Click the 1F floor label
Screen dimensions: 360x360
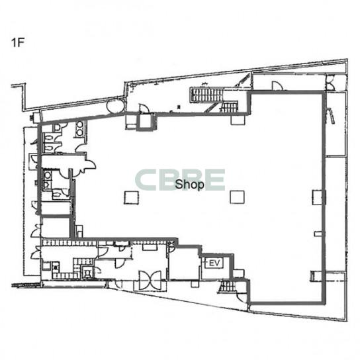(x=18, y=42)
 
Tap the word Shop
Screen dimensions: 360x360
(x=189, y=185)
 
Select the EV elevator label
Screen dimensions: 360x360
(x=214, y=263)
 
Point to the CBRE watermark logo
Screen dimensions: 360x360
(x=180, y=180)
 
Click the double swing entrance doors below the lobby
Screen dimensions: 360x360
(x=150, y=281)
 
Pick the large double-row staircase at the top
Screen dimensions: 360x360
(x=206, y=95)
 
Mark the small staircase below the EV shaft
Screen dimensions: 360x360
(x=228, y=286)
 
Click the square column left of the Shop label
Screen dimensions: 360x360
(x=132, y=198)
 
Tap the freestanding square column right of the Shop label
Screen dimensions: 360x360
(x=237, y=197)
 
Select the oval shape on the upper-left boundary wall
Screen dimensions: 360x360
(x=116, y=106)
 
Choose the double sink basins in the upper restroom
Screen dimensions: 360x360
(x=79, y=128)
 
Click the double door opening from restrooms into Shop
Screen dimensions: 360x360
(x=86, y=165)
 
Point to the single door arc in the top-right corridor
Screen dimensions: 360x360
(x=278, y=85)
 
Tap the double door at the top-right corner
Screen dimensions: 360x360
(x=330, y=82)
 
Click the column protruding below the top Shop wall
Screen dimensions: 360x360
(x=238, y=120)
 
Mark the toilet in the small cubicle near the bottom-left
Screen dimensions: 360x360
(x=87, y=273)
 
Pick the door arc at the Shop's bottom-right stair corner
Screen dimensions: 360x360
(x=243, y=297)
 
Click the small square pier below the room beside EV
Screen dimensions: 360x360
(x=195, y=283)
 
